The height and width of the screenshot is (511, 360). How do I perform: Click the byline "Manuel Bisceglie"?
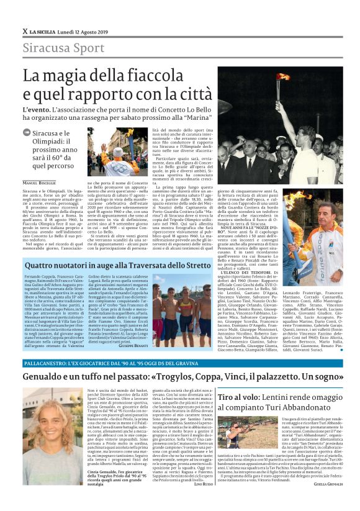(39, 183)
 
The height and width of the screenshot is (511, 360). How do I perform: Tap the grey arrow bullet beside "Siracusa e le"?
(25, 132)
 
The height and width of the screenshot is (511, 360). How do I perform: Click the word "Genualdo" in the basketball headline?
(44, 377)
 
